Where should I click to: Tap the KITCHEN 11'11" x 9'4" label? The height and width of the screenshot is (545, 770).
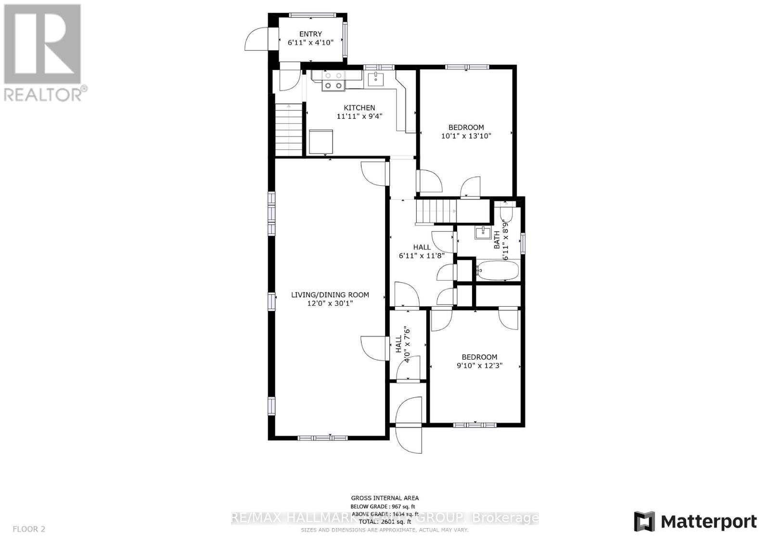pyautogui.click(x=359, y=112)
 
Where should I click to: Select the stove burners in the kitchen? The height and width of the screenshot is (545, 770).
pyautogui.click(x=333, y=80)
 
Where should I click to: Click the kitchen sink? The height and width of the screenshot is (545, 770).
pyautogui.click(x=375, y=78)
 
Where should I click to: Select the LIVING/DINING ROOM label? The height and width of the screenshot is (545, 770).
pyautogui.click(x=330, y=299)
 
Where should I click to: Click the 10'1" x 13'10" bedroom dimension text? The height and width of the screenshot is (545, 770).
pyautogui.click(x=466, y=136)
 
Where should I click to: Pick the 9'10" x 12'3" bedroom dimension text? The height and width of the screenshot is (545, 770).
pyautogui.click(x=479, y=366)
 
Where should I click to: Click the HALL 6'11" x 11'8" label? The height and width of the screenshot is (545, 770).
pyautogui.click(x=422, y=251)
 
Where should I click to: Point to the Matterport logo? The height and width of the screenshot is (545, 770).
pyautogui.click(x=695, y=521)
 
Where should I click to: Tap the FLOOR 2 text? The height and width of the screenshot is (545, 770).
pyautogui.click(x=29, y=529)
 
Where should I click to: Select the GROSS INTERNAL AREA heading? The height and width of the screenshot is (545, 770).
pyautogui.click(x=385, y=498)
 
